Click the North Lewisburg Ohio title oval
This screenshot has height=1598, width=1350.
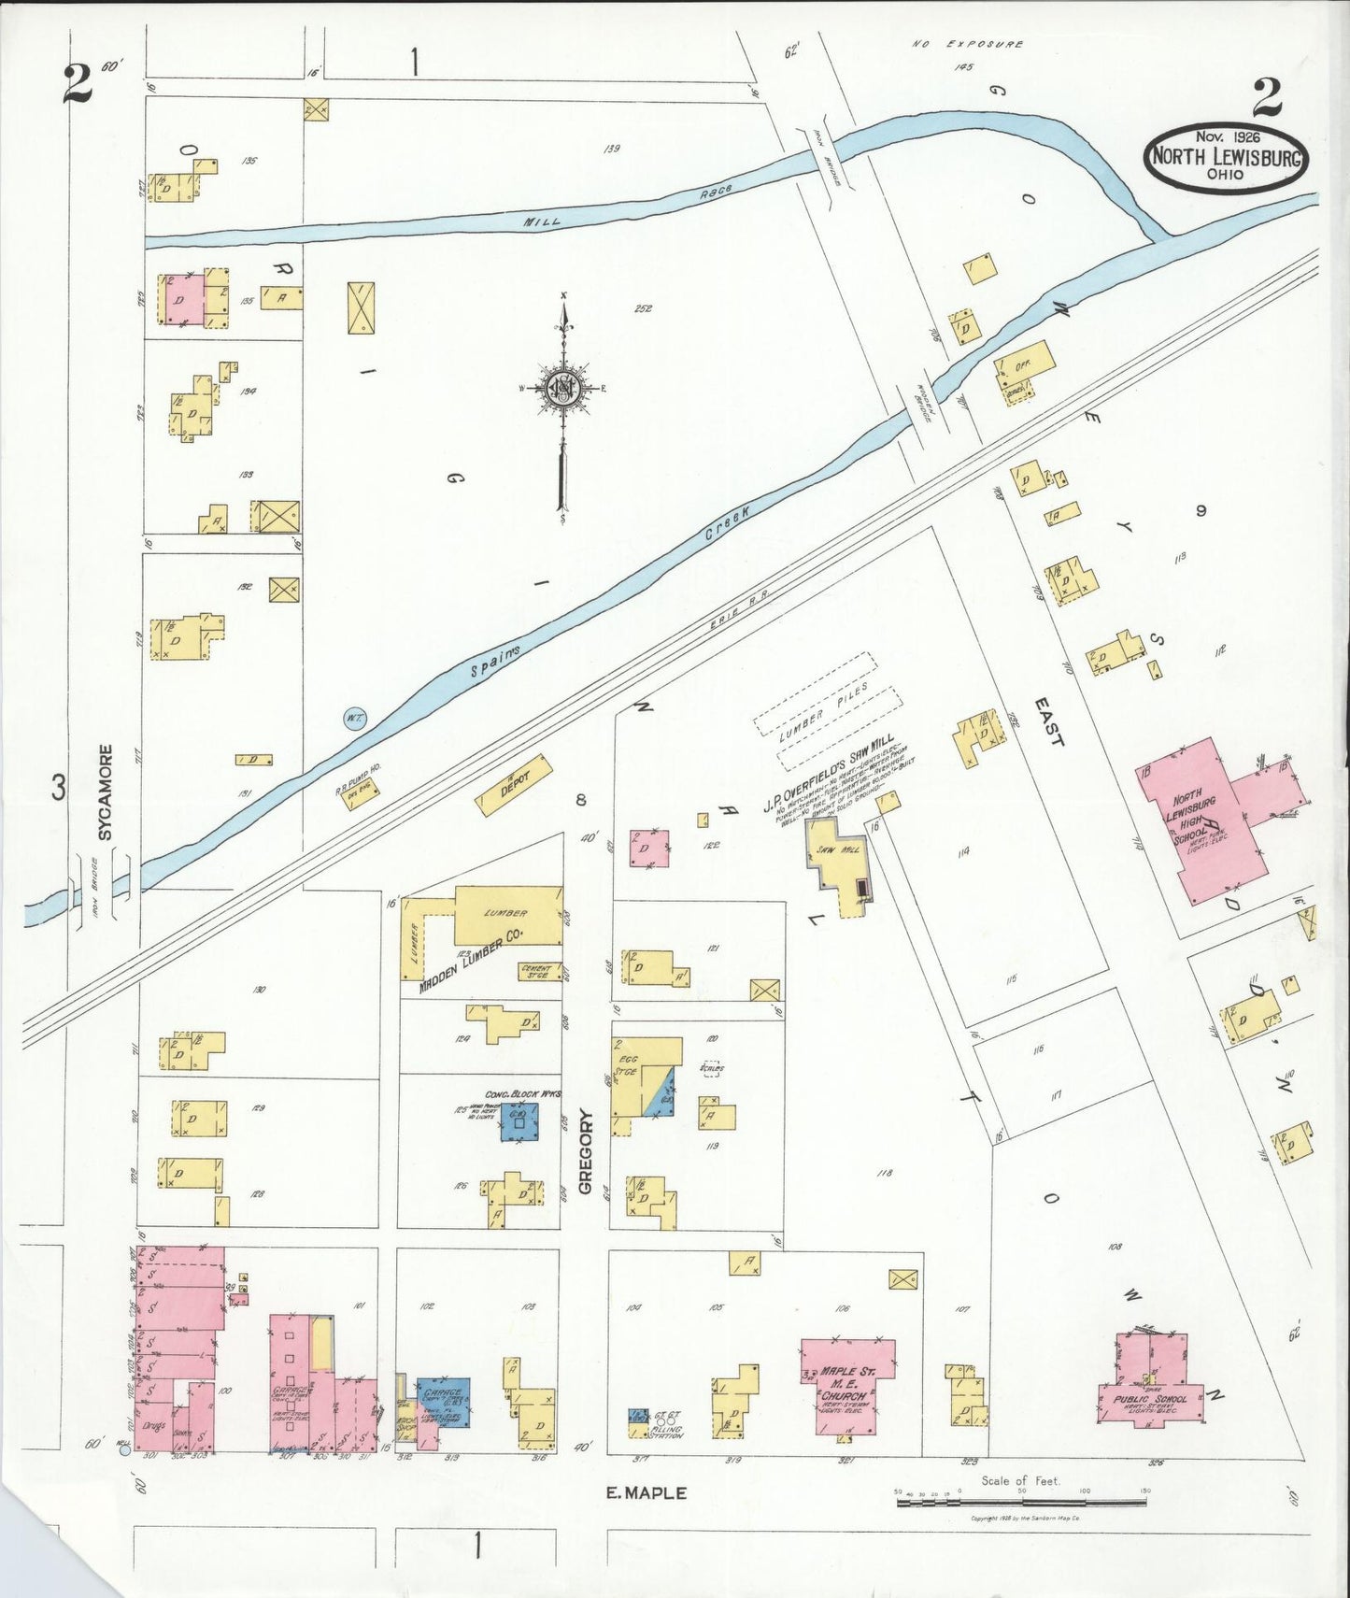1225,159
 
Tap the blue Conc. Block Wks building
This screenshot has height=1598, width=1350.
519,1120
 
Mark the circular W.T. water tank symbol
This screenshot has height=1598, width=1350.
354,718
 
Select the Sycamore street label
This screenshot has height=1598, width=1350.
106,792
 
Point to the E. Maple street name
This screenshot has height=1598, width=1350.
647,1493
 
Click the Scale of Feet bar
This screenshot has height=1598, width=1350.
1020,1502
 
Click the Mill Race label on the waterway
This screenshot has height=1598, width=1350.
626,206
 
